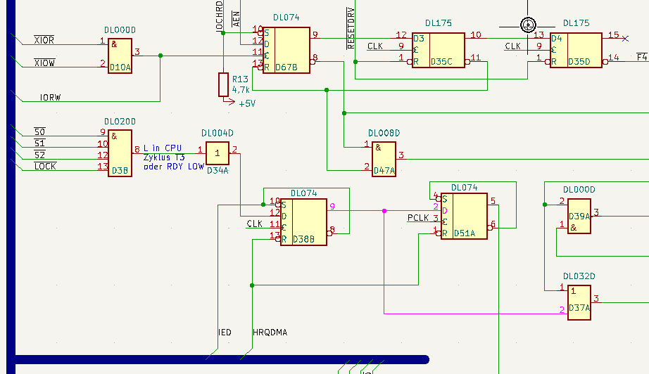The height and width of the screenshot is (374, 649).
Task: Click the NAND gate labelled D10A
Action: pos(120,56)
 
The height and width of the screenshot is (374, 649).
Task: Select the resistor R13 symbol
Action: pos(224,85)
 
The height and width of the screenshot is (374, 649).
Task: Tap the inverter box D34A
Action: pos(218,153)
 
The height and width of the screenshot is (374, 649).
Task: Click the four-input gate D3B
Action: pos(120,153)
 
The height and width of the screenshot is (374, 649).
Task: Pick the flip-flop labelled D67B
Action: pos(286,51)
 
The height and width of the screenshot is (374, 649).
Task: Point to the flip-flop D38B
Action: pos(304,222)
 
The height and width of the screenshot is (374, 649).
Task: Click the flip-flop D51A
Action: pos(464,216)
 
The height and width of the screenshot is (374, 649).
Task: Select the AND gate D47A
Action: pos(384,159)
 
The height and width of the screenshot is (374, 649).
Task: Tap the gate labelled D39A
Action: pos(579,216)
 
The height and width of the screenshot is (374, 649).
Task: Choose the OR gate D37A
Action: pos(579,302)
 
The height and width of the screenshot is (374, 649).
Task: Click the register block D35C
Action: pos(439,51)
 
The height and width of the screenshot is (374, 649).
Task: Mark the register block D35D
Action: pos(576,51)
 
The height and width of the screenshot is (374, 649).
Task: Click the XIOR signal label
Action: pos(44,40)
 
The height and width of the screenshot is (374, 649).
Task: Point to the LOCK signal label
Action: pos(45,166)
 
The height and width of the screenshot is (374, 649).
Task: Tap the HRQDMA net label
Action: pos(270,333)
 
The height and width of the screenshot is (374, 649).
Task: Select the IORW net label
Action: pos(51,98)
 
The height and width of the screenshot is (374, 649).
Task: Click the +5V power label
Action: pos(247,104)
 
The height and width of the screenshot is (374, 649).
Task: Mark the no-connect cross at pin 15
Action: pos(625,39)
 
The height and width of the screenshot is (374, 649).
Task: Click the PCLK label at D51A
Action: pos(418,218)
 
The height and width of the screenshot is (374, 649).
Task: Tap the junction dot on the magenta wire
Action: pos(384,211)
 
